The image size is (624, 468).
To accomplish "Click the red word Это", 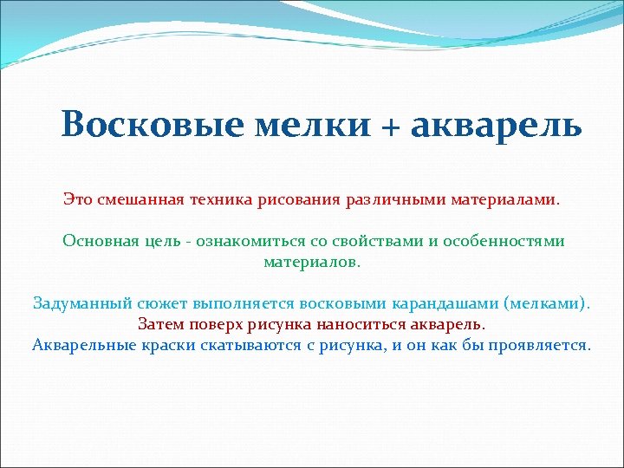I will (76, 199).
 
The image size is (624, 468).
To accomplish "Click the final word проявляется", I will (536, 345).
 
